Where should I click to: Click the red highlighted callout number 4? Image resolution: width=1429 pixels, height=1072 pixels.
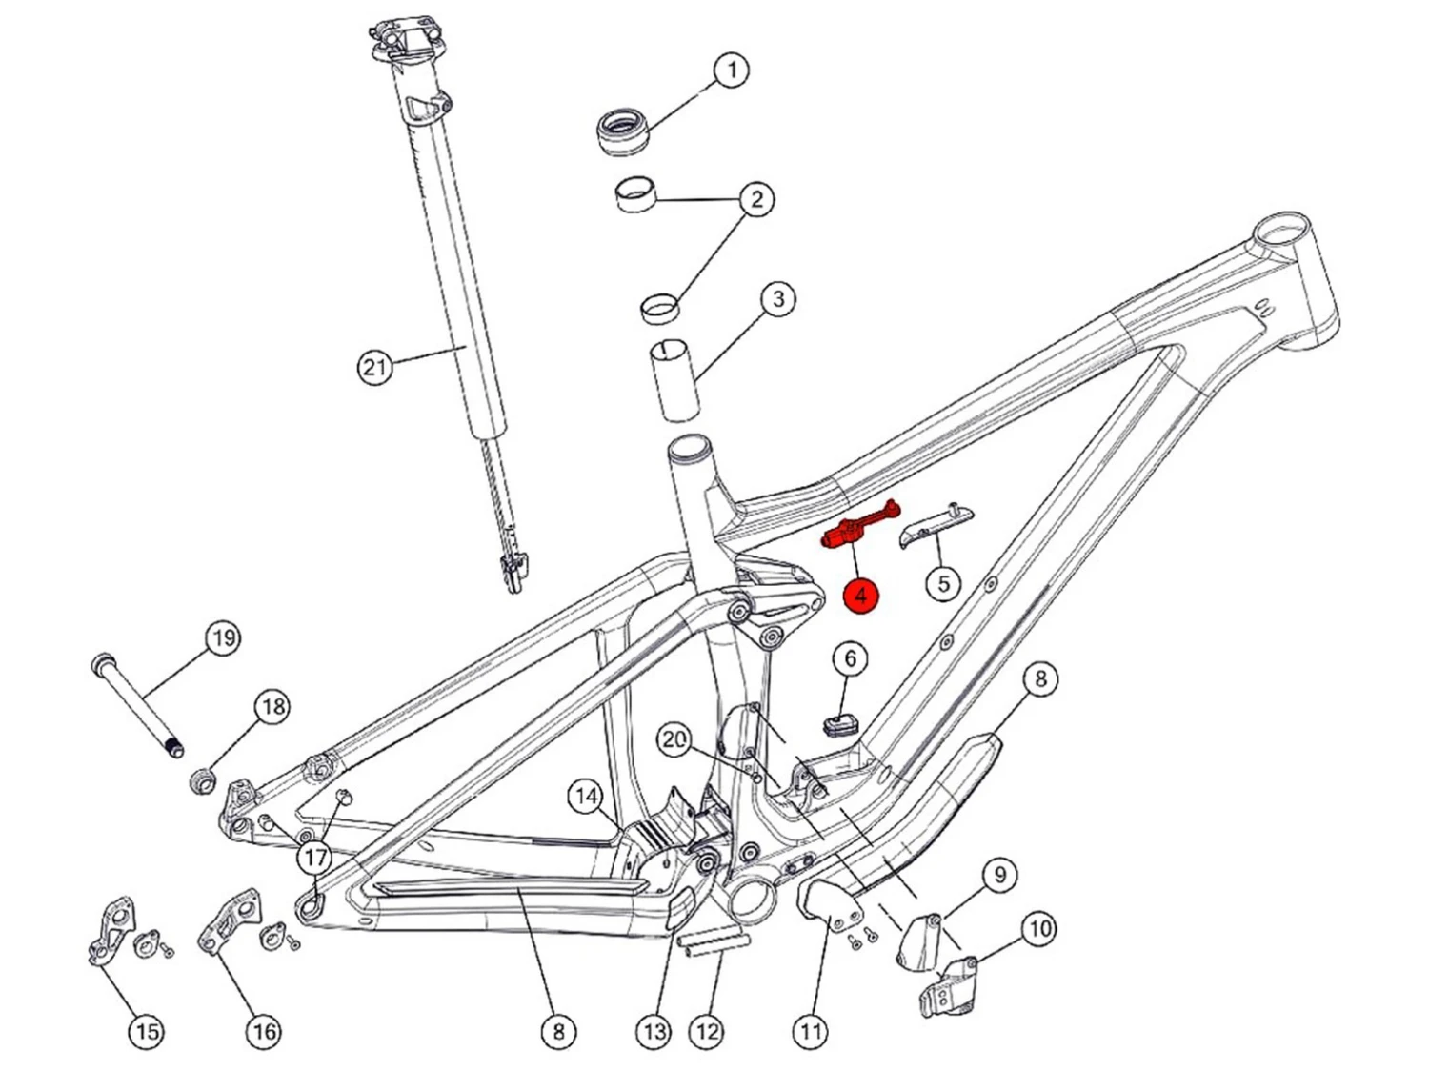point(861,597)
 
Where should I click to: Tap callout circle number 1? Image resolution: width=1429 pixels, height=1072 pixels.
point(731,71)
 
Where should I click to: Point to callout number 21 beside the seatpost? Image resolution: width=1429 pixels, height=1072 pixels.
point(375,367)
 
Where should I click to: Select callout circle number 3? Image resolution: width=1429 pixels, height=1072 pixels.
point(778,299)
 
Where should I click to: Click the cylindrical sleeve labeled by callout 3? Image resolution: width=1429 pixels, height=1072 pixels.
point(675,377)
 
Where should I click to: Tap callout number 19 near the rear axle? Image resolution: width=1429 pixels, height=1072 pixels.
point(223,638)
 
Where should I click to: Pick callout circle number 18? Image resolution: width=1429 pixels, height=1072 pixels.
point(273,707)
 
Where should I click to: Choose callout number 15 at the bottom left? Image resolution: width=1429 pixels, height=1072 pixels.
point(145,1031)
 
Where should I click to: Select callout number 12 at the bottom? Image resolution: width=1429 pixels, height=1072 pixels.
point(706,1031)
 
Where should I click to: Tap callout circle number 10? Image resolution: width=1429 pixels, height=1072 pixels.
point(1038,928)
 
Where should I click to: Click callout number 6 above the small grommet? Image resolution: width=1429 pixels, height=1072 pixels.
point(851,658)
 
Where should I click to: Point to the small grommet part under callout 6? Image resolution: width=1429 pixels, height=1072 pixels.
point(839,724)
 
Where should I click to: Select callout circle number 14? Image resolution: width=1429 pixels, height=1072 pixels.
point(585,797)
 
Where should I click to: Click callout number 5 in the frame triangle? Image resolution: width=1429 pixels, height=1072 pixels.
point(943,582)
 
